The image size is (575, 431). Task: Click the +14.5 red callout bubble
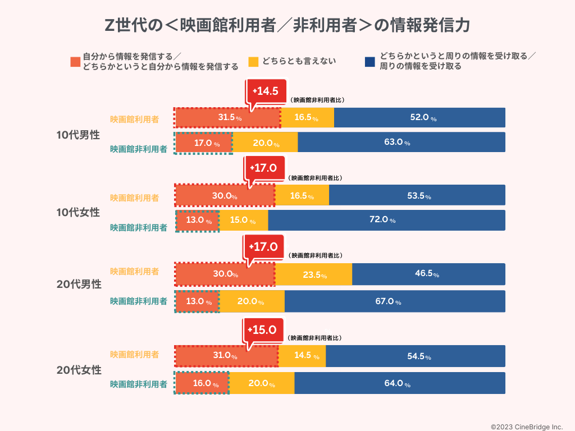point(266,91)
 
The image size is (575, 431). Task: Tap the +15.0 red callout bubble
point(263,329)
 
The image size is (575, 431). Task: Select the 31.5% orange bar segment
point(227,118)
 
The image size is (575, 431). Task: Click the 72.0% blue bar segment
point(386,220)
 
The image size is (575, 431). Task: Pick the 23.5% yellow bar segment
point(313,274)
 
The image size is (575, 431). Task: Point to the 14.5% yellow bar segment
point(302,356)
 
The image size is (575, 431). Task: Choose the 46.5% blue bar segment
point(428,274)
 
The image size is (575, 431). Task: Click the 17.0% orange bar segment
point(203,143)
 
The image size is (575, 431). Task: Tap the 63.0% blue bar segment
point(401,143)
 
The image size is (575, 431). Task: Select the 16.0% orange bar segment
point(202,384)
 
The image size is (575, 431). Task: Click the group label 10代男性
point(78,135)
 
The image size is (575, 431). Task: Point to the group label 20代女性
point(79,370)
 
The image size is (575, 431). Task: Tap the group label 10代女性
point(78,213)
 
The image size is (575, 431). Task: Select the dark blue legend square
point(369,61)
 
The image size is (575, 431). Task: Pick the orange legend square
point(75,61)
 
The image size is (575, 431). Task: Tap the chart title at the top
point(287,25)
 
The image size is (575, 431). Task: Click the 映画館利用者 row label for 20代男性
point(134,272)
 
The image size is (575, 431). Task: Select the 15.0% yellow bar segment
point(243,220)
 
